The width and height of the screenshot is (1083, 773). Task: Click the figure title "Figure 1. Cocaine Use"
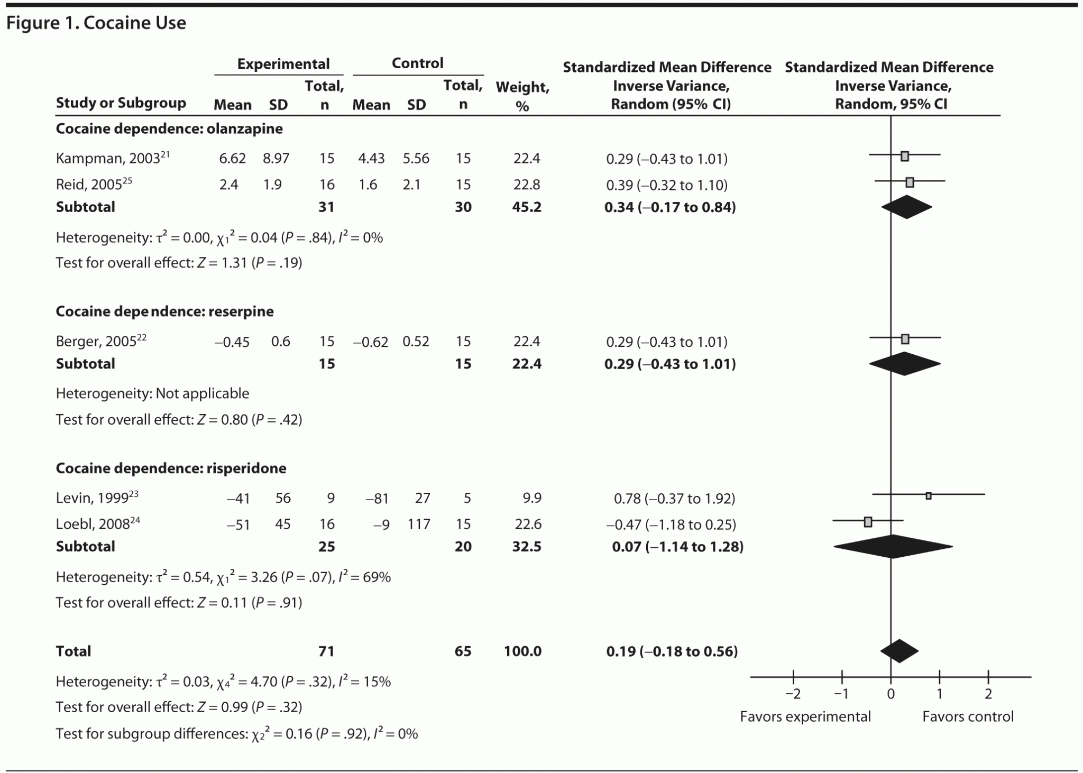[x=96, y=23]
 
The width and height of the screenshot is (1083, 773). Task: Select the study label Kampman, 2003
[x=108, y=159]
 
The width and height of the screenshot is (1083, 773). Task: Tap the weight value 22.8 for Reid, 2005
[x=526, y=185]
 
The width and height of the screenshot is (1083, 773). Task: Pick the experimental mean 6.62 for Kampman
[x=232, y=159]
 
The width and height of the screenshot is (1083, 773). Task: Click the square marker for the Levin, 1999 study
[x=929, y=496]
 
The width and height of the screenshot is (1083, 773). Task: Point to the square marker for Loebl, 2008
[x=868, y=522]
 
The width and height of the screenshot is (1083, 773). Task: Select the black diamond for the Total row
[x=900, y=651]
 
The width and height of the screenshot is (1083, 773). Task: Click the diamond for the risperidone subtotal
[x=893, y=547]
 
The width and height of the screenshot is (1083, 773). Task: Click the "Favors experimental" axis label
[x=805, y=717]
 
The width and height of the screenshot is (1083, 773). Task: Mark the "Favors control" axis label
[x=968, y=717]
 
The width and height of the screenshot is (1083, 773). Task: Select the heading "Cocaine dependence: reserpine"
[x=164, y=311]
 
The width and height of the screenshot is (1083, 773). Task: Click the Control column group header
[x=417, y=63]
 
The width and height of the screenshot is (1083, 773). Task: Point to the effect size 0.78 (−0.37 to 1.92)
[x=674, y=499]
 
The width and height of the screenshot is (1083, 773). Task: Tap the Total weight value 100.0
[x=522, y=651]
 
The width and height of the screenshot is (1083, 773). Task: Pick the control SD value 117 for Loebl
[x=418, y=524]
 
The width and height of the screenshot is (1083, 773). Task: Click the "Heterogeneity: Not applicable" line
[x=152, y=393]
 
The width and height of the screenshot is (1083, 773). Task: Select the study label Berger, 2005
[x=96, y=342]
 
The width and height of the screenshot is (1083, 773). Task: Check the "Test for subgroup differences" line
[x=236, y=734]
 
